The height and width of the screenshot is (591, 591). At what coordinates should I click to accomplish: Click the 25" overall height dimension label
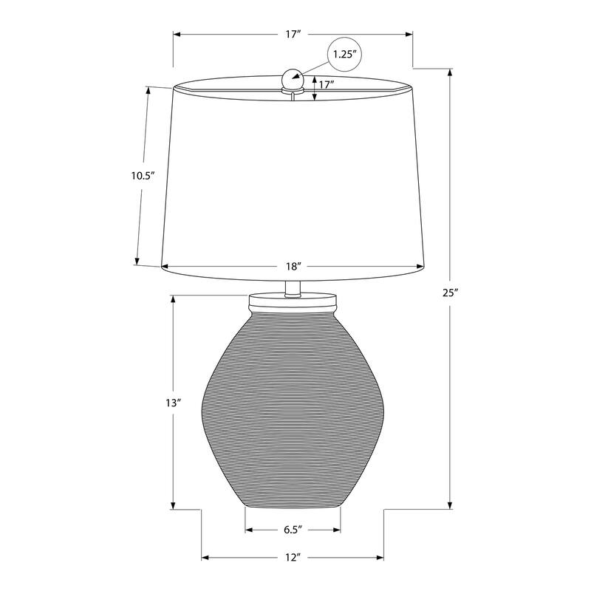click(451, 293)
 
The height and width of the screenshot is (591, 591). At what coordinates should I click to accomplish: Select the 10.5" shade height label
click(141, 176)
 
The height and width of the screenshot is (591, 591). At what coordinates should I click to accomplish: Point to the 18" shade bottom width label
click(293, 266)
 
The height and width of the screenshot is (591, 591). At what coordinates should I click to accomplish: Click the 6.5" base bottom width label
click(293, 530)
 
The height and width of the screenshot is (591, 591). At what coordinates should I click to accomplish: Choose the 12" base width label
click(293, 557)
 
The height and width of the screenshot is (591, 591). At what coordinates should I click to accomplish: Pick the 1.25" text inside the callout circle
click(345, 55)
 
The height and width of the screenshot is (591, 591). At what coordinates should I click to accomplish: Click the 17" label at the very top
click(293, 35)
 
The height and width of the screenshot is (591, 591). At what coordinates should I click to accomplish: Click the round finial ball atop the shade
click(293, 77)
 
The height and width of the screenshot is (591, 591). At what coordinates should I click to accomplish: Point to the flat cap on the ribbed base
click(293, 301)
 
